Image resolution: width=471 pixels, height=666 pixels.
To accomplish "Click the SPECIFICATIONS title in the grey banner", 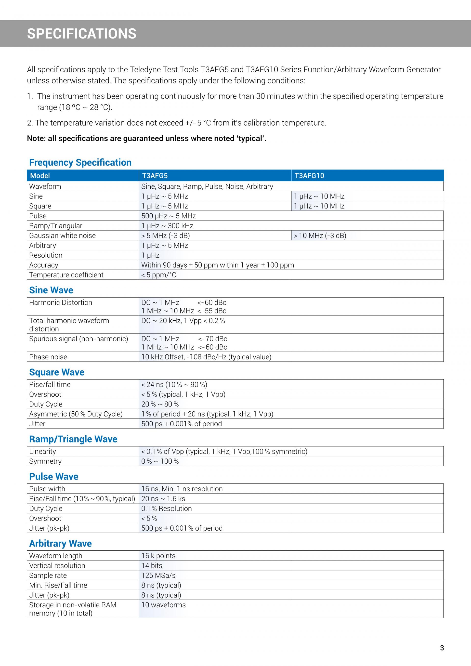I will click(x=81, y=34).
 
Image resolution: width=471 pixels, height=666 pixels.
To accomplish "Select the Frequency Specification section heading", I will click(x=80, y=162).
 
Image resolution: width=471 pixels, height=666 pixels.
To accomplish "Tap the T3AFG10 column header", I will click(x=309, y=175).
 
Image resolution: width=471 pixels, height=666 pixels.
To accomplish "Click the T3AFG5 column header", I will click(x=155, y=175).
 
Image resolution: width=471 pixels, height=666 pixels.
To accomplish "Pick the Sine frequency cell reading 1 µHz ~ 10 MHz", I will click(x=319, y=196).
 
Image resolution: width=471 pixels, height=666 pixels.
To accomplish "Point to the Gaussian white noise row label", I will click(x=62, y=235).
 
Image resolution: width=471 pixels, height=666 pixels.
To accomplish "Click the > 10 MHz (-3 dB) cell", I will click(x=320, y=235).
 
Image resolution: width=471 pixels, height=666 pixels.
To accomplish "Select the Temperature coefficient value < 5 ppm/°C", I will click(x=159, y=275).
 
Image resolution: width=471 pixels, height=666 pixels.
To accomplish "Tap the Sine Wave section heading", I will click(x=51, y=290).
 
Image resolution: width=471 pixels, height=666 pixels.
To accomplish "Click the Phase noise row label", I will click(x=48, y=357).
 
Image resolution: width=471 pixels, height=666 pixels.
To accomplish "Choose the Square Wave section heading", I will click(x=57, y=372).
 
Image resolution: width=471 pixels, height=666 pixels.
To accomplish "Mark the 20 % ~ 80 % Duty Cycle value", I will click(x=160, y=404).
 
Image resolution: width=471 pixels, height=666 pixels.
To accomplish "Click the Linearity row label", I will click(x=43, y=451).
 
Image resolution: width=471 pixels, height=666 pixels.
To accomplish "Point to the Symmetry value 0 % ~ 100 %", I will click(x=160, y=461).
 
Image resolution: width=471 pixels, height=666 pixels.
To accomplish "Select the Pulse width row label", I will click(x=47, y=489).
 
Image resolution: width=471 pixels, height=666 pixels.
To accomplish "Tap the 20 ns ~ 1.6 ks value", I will click(x=163, y=499).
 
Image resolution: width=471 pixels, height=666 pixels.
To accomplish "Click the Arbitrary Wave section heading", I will click(x=60, y=543).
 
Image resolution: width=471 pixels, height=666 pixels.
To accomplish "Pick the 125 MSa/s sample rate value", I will click(x=158, y=575).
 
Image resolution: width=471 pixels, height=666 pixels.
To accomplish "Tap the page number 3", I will click(x=442, y=648).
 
